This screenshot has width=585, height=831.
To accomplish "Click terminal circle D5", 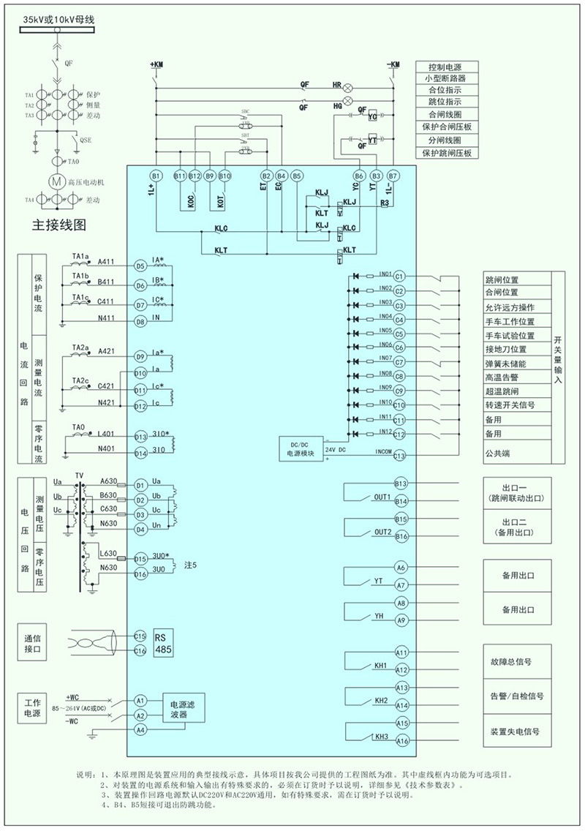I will [x=140, y=266].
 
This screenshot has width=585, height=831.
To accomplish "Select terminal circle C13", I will [x=399, y=456].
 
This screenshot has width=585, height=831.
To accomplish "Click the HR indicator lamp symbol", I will [x=349, y=86].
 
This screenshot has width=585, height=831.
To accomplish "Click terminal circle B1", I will [x=156, y=176].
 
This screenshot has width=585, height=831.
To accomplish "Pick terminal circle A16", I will [x=401, y=741].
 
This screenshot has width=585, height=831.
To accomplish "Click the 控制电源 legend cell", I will [x=447, y=66].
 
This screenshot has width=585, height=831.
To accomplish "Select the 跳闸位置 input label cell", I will [x=515, y=280].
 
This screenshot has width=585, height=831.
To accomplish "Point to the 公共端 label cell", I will [x=515, y=454].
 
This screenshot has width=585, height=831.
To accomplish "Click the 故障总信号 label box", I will [x=515, y=661].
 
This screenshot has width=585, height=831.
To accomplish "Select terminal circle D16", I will [x=140, y=575].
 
